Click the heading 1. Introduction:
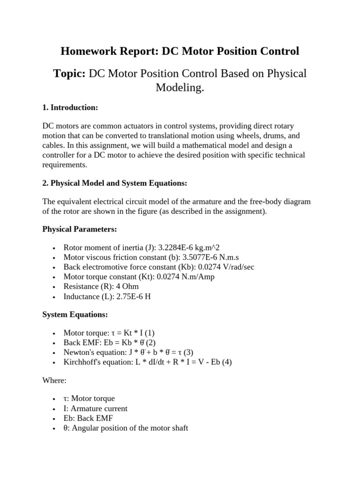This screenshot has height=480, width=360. pyautogui.click(x=70, y=108)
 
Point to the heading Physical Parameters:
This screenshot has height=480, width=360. pyautogui.click(x=80, y=229)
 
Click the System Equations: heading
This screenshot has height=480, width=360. pyautogui.click(x=75, y=315)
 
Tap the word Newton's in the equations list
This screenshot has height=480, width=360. pyautogui.click(x=78, y=352)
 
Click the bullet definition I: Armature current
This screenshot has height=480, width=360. pyautogui.click(x=95, y=408)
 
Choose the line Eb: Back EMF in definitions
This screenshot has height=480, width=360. pyautogui.click(x=88, y=418)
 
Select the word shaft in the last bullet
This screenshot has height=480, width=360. pyautogui.click(x=179, y=428)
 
